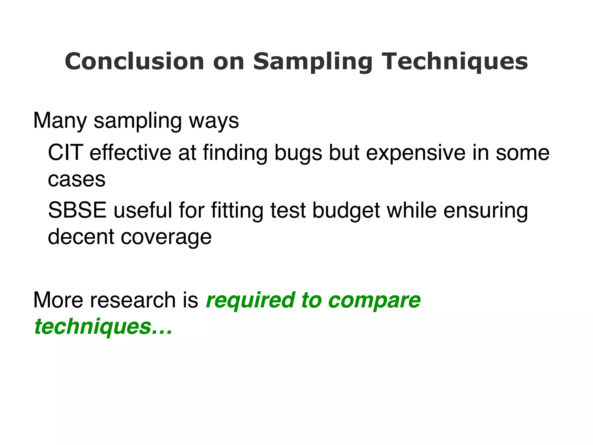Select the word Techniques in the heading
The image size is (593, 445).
tap(456, 62)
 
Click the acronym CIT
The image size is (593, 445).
tap(65, 153)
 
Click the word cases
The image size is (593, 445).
tap(77, 180)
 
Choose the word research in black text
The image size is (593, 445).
tap(133, 300)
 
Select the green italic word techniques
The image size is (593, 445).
tap(93, 327)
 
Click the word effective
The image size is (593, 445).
tap(130, 153)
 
